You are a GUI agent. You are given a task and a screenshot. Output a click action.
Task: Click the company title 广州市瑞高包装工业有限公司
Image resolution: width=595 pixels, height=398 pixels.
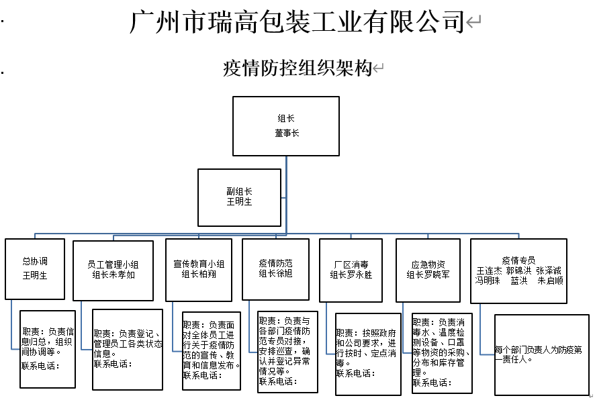tap(297, 21)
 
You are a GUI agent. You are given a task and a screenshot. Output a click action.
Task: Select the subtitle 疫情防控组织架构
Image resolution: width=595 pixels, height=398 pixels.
tap(297, 68)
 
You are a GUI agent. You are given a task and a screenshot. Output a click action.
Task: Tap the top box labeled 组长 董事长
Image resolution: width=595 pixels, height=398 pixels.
tap(286, 126)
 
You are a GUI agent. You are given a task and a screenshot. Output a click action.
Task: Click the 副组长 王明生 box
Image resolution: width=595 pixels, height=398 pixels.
tap(238, 197)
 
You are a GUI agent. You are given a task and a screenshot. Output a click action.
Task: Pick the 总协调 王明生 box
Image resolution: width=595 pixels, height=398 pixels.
tap(35, 268)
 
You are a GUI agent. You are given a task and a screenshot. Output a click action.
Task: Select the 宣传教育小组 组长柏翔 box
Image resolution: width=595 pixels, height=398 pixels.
tap(198, 269)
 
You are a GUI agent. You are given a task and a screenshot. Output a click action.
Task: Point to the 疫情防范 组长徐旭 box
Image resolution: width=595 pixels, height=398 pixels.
tap(275, 268)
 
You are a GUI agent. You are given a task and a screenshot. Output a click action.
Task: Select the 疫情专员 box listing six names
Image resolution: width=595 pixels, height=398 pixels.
tap(518, 269)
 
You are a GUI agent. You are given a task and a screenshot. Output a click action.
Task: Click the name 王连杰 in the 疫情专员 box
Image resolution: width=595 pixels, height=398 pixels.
tap(488, 270)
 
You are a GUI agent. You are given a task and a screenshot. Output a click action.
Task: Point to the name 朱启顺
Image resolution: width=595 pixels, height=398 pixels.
tap(550, 281)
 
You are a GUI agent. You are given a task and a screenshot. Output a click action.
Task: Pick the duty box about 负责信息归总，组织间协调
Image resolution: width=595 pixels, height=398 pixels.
tap(47, 348)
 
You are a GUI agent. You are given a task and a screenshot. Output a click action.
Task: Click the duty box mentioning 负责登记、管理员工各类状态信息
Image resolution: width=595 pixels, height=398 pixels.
tap(127, 349)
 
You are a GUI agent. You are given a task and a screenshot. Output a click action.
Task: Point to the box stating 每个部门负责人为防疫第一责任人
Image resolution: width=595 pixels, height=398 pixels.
tap(539, 354)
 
